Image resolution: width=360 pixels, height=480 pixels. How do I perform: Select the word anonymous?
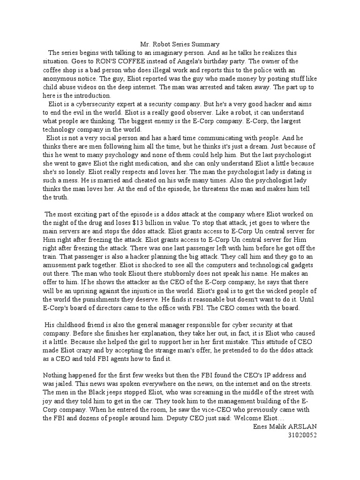click(x=60, y=78)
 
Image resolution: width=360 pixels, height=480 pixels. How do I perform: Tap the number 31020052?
click(x=303, y=434)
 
